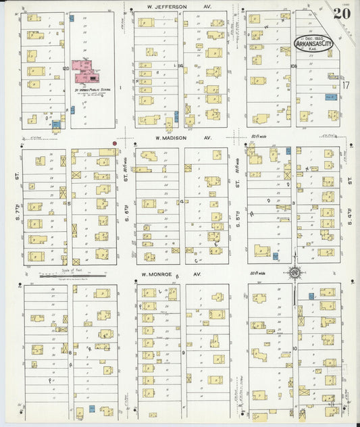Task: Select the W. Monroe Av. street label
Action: pyautogui.click(x=171, y=275)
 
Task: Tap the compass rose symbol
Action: pyautogui.click(x=294, y=273)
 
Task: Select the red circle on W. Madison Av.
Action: pyautogui.click(x=115, y=143)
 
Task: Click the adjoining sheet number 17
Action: pyautogui.click(x=345, y=84)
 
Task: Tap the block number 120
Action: pyautogui.click(x=66, y=68)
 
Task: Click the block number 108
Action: pyautogui.click(x=293, y=66)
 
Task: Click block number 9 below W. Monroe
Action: pyautogui.click(x=182, y=352)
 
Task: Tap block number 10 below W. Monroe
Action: pyautogui.click(x=294, y=347)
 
